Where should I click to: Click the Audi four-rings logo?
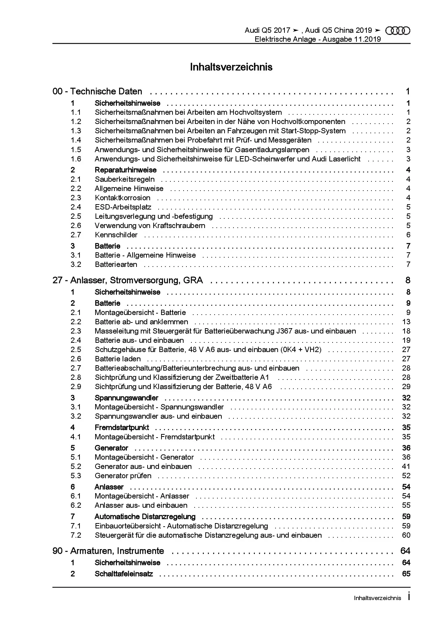(398, 31)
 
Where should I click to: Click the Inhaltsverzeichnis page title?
(231, 67)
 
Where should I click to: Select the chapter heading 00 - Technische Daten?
(97, 92)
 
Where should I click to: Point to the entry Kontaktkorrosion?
(122, 198)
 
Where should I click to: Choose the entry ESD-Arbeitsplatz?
(123, 207)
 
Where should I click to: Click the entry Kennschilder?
(116, 235)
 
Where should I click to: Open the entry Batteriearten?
(116, 264)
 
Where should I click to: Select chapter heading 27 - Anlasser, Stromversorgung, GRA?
(128, 280)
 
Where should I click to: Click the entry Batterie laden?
(118, 359)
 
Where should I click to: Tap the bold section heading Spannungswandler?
(126, 398)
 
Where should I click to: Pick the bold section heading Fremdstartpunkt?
(122, 427)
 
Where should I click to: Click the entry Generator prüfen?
(123, 476)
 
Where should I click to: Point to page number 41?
(406, 466)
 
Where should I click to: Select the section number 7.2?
(76, 535)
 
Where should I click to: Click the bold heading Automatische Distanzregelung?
(145, 516)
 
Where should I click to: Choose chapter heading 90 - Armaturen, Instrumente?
(108, 551)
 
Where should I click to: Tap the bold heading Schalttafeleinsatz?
(124, 574)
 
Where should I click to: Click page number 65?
(406, 574)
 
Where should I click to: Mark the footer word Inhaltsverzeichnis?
(377, 598)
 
